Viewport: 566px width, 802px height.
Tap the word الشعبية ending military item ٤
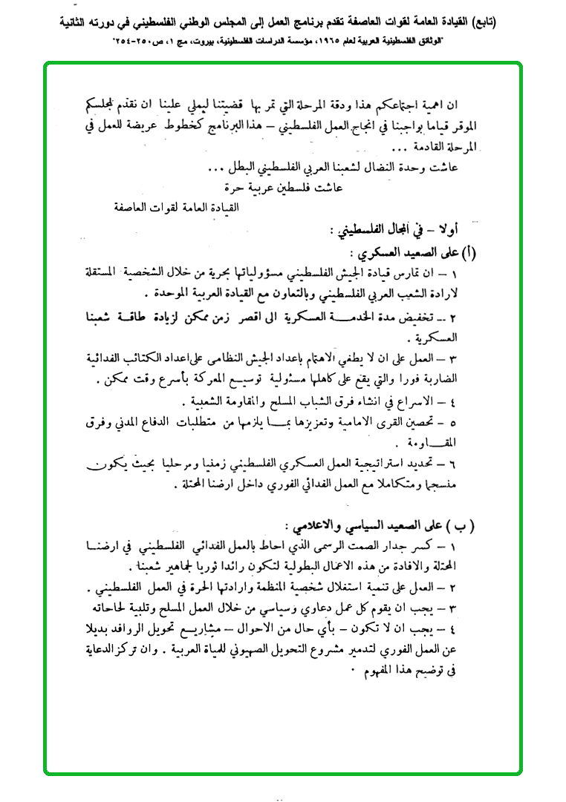point(204,403)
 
